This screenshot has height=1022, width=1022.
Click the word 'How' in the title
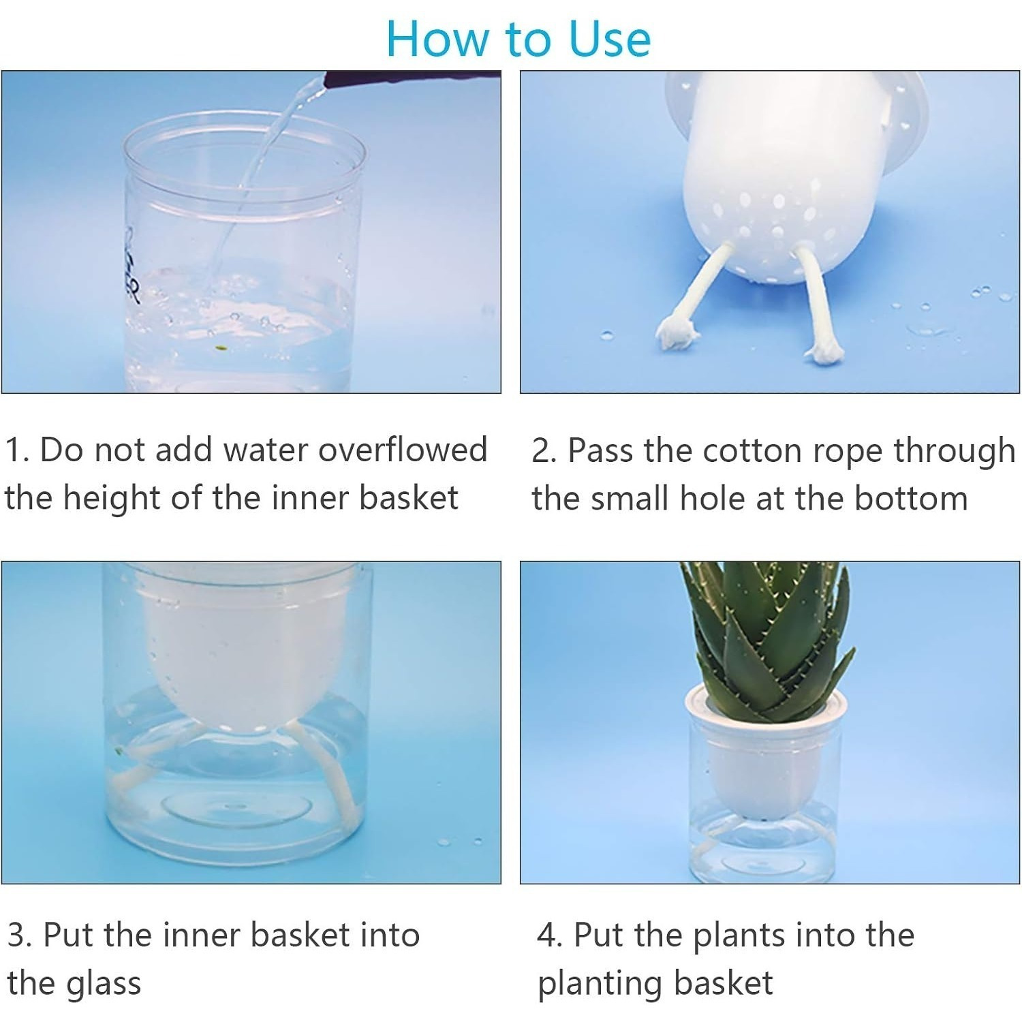coord(439,39)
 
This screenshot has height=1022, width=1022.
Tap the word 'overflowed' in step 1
coord(403,450)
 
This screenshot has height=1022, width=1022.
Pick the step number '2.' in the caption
coord(544,451)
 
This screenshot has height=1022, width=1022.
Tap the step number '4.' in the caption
coord(550,935)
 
